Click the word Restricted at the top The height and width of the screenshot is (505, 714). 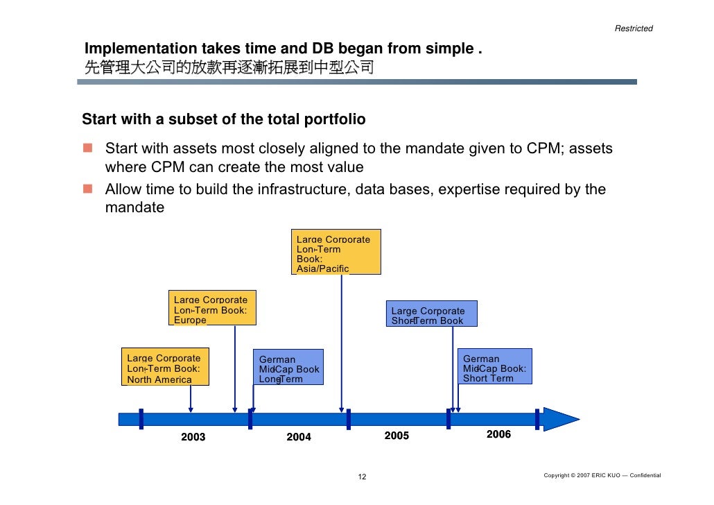634,28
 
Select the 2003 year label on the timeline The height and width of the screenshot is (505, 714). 193,437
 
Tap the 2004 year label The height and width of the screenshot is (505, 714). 299,437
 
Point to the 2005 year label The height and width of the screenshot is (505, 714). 397,436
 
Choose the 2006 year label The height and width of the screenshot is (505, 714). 498,434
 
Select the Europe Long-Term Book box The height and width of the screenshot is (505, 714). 212,309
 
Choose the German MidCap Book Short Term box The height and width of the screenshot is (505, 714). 496,368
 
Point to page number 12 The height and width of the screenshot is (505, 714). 362,477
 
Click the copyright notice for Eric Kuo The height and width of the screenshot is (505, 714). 602,475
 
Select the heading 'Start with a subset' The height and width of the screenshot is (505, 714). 223,119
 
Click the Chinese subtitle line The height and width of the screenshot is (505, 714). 229,68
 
